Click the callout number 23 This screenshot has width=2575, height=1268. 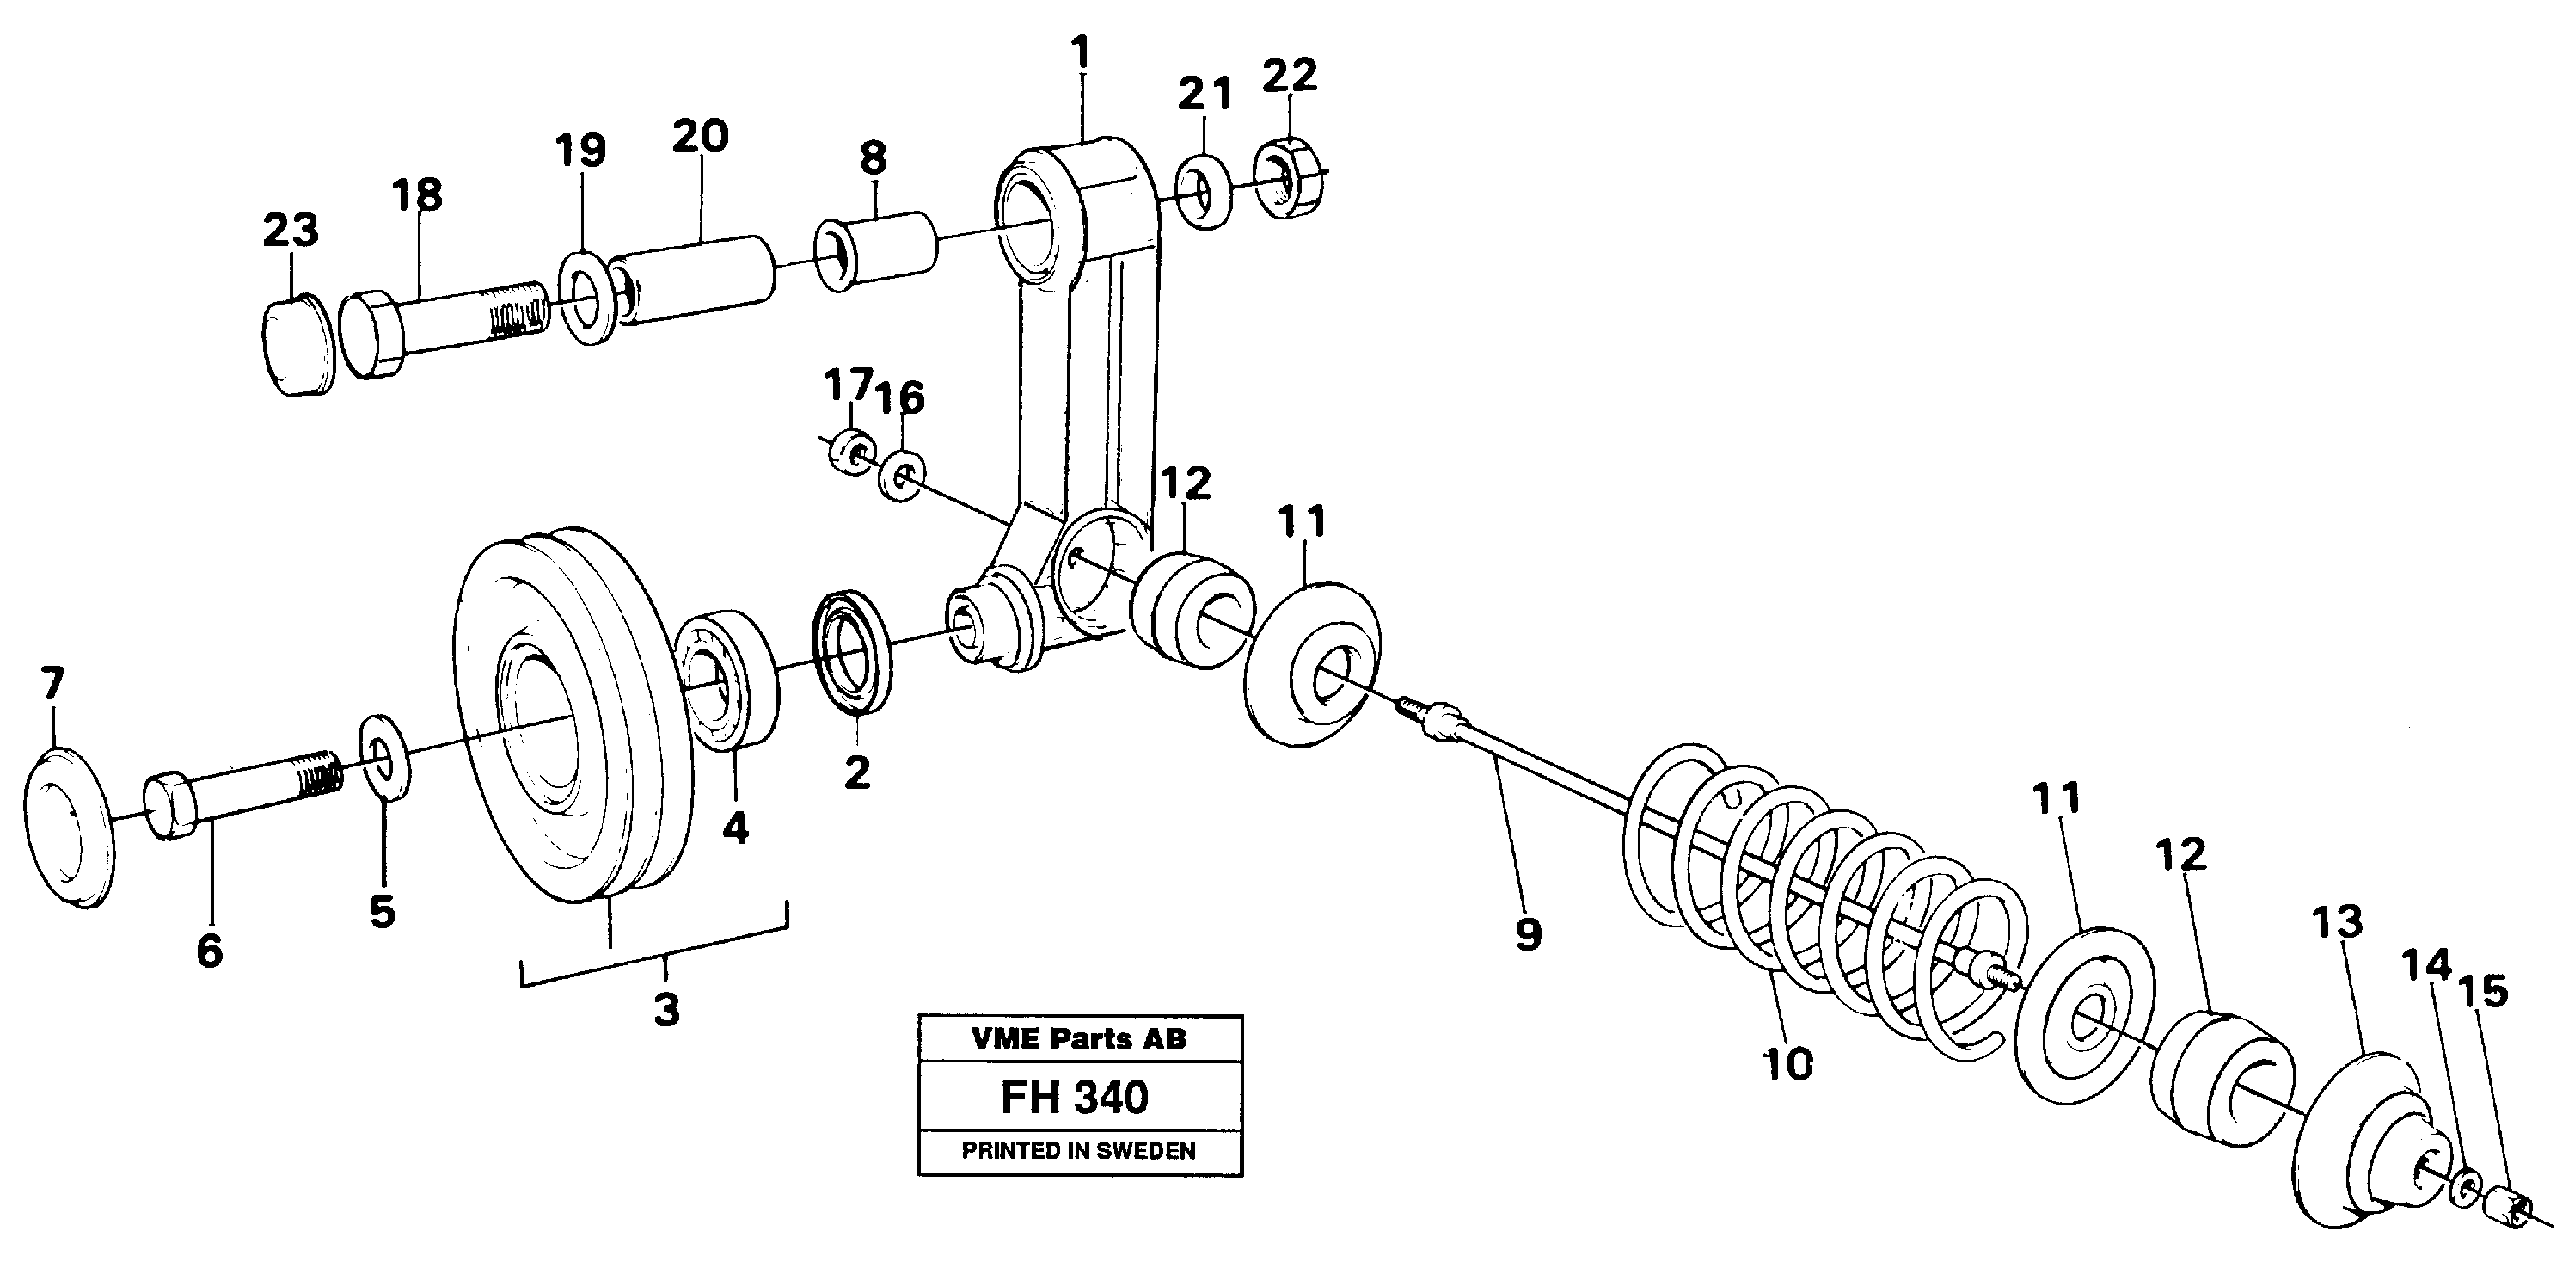pos(290,230)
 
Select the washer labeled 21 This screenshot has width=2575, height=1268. pos(1205,192)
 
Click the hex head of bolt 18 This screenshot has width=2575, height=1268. pos(372,335)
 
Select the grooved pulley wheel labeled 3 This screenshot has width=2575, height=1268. pos(570,715)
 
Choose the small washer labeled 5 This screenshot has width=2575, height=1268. pos(383,759)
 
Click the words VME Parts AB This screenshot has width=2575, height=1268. pos(1077,1039)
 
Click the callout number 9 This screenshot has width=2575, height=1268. pos(1528,935)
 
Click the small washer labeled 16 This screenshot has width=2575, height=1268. pos(902,476)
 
